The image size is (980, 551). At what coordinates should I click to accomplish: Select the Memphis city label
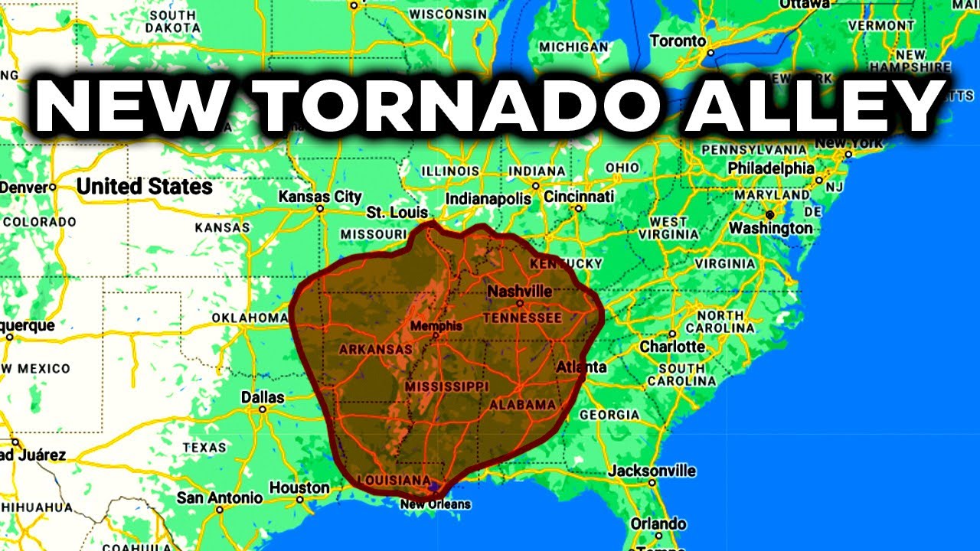click(436, 326)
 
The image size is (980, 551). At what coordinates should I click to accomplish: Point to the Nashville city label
click(520, 292)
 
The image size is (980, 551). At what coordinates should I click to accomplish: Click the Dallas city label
click(263, 398)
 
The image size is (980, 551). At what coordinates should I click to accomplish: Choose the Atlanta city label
click(581, 367)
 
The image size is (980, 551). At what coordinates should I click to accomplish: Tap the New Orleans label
click(436, 504)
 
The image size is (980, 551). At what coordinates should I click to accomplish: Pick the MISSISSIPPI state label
click(447, 386)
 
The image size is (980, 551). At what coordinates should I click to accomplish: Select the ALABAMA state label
click(523, 404)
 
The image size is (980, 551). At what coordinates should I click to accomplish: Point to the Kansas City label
click(320, 197)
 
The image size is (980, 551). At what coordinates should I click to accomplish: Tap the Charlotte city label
click(672, 347)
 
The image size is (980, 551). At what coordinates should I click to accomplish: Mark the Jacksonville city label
click(652, 471)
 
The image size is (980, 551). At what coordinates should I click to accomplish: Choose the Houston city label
click(299, 488)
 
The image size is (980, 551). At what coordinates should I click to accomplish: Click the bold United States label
click(145, 186)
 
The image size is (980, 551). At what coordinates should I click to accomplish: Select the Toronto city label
click(678, 41)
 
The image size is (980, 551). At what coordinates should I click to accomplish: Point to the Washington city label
click(770, 228)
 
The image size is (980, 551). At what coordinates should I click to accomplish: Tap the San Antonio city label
click(220, 498)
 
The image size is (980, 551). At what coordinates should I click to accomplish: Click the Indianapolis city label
click(488, 199)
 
